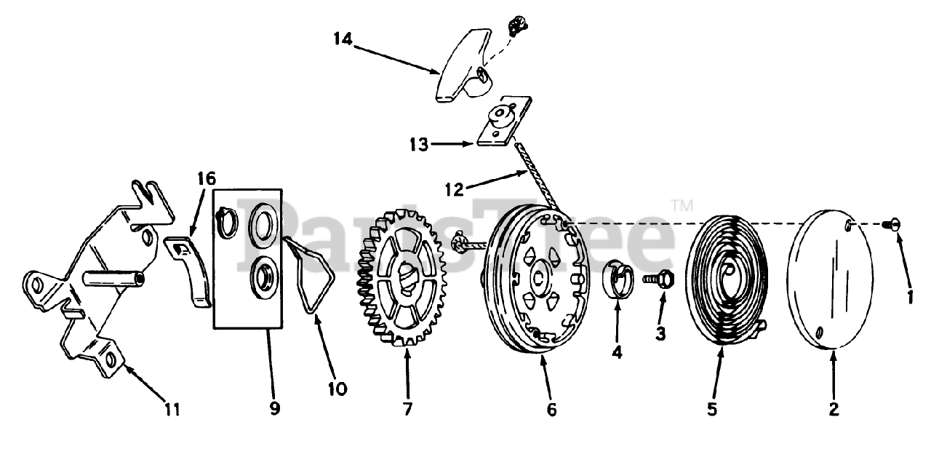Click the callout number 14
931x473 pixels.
(343, 38)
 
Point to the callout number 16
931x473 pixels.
(207, 178)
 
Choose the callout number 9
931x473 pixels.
(274, 409)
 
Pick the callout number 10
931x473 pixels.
(337, 389)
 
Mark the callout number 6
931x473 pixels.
(551, 410)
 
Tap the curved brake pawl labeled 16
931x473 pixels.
(191, 269)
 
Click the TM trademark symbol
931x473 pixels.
(681, 207)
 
